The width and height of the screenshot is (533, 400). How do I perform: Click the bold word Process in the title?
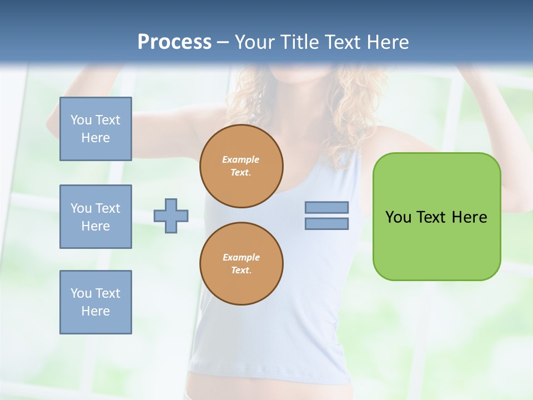pos(174,42)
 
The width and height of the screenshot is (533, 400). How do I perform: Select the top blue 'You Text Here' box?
pos(95,129)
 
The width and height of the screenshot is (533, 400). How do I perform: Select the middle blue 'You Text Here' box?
pos(95,217)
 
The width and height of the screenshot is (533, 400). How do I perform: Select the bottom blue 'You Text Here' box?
pos(95,302)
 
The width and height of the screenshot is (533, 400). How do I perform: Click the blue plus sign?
pos(171,216)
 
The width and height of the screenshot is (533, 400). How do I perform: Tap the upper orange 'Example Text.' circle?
pos(242,166)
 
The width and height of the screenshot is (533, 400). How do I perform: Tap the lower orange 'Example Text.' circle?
pos(242,264)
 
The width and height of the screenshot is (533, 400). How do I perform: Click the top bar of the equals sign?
pos(326,208)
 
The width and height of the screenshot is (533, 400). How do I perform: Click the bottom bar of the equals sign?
pos(326,224)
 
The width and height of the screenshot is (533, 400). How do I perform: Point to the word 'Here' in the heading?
pos(387,42)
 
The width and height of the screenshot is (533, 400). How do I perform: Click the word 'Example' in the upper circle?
pos(241,160)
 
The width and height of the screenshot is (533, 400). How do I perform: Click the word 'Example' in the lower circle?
pos(241,258)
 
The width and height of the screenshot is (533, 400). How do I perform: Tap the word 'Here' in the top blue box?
pos(95,138)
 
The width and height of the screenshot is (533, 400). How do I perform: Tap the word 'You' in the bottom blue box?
pos(81,293)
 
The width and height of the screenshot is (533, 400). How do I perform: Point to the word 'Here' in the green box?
pos(469,217)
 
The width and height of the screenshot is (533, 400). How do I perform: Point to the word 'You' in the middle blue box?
pos(81,208)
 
